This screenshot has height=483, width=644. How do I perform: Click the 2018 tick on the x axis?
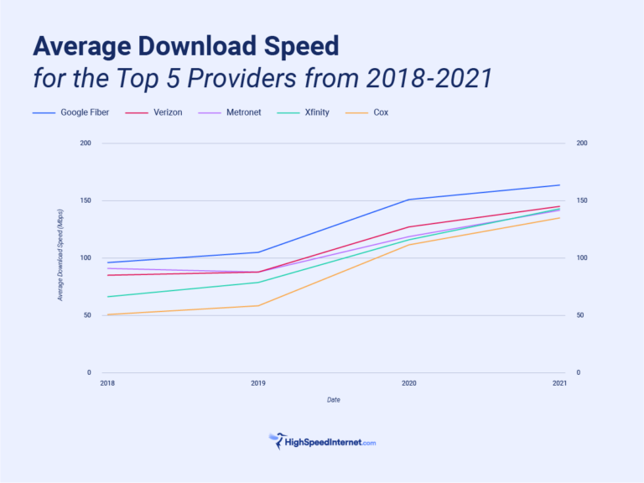[x=107, y=383]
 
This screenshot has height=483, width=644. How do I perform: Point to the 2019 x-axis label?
[x=258, y=383]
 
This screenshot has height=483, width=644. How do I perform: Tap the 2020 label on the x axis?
[x=408, y=383]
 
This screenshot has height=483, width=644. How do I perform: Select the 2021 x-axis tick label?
[x=559, y=383]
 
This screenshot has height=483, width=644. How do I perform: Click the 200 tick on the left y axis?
[x=85, y=143]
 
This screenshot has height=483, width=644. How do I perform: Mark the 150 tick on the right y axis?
[x=581, y=201]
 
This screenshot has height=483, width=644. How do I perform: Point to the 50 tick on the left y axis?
[x=86, y=315]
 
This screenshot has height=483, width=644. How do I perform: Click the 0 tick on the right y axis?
[x=578, y=372]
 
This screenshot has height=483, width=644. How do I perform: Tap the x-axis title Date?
[x=333, y=400]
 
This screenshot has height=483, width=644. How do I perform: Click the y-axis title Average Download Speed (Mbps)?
[x=60, y=255]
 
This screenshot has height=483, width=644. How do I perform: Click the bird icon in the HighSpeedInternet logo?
[x=276, y=439]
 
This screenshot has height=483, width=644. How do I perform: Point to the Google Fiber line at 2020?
[x=408, y=200]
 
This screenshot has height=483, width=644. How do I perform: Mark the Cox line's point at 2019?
[x=258, y=305]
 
